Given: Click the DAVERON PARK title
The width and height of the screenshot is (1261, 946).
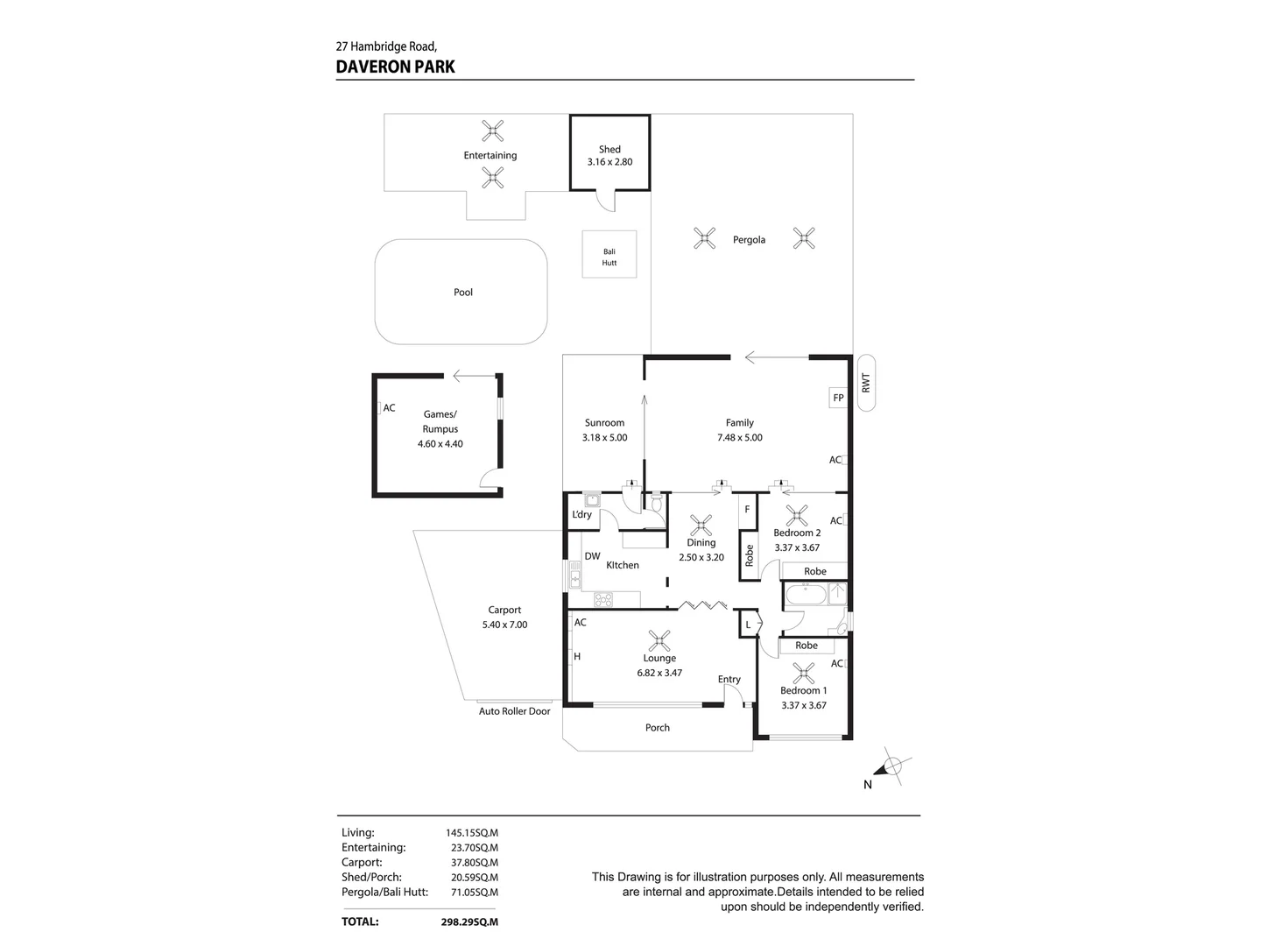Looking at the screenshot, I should click(395, 67).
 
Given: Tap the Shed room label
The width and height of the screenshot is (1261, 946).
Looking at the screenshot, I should click(609, 149).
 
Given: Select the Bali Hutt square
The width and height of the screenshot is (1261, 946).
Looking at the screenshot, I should click(609, 254).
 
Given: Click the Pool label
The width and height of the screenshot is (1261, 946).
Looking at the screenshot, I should click(463, 293).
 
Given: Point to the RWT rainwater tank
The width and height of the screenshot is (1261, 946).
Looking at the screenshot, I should click(866, 383).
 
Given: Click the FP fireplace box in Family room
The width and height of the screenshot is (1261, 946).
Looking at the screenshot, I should click(838, 398).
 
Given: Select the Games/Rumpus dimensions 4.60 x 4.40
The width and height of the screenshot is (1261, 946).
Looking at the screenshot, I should click(440, 444).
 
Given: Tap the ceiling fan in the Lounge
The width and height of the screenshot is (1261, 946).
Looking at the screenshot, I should click(659, 640).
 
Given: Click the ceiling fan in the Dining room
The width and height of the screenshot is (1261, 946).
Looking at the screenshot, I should click(701, 526).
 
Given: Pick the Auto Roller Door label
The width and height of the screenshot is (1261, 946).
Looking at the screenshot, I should click(514, 711).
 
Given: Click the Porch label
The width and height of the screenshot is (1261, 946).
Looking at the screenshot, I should click(657, 728).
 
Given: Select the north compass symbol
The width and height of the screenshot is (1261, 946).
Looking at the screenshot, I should click(891, 768).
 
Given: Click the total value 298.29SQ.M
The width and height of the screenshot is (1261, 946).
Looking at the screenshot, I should click(469, 921).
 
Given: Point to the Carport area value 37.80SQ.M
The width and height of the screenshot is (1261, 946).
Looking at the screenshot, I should click(472, 863).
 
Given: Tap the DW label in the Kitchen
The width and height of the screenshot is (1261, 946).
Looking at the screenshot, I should click(592, 556).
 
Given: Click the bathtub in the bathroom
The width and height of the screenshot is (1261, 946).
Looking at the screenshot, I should click(805, 596).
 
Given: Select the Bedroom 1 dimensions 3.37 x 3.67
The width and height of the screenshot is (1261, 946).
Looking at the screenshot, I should click(803, 705).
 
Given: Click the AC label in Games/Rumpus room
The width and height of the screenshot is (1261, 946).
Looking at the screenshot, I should click(389, 408).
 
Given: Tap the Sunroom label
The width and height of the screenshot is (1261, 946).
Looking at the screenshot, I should click(604, 423).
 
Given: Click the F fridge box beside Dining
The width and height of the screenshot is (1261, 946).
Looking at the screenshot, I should click(747, 509).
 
